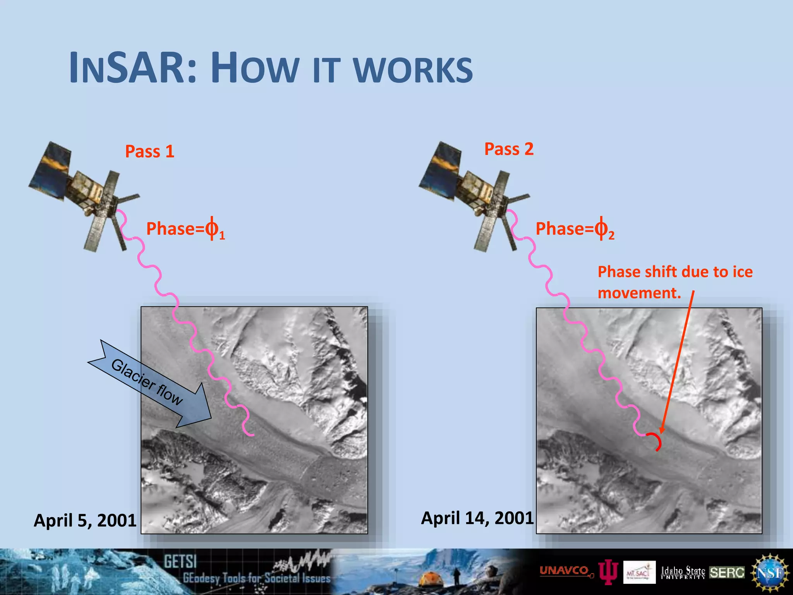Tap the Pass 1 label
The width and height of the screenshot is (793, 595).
pos(149,151)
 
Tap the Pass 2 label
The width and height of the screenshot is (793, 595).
pos(508,149)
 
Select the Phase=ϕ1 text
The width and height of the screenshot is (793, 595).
pos(185,229)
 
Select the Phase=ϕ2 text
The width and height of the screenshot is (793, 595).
pos(575,229)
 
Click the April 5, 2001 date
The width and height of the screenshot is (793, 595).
pos(85,520)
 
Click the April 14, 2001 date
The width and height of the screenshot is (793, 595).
pos(477,518)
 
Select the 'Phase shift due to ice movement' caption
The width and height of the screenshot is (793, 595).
pos(675,282)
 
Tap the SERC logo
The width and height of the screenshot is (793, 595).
pos(727,573)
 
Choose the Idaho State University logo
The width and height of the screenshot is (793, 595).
pos(683,572)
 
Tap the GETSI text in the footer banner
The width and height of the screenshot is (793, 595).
pos(180,561)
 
